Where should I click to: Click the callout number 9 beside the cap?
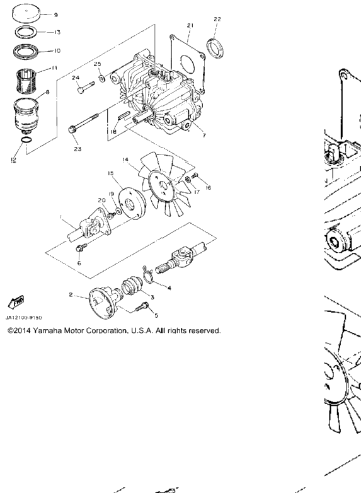[x=56, y=14]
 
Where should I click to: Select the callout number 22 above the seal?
[x=217, y=19]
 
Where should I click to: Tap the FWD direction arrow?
[x=16, y=301]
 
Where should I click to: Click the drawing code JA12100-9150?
[x=24, y=318]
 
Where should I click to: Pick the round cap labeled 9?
[x=26, y=13]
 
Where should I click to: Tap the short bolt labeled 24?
[x=86, y=88]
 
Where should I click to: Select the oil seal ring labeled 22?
[x=216, y=48]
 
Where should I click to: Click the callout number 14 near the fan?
[x=125, y=159]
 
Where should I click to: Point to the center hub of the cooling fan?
[x=163, y=185]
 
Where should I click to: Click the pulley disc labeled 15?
[x=131, y=204]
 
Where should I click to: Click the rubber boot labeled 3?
[x=131, y=286]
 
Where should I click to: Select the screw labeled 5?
[x=142, y=307]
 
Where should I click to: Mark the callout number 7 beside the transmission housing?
[x=204, y=136]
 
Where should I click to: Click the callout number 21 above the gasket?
[x=190, y=25]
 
